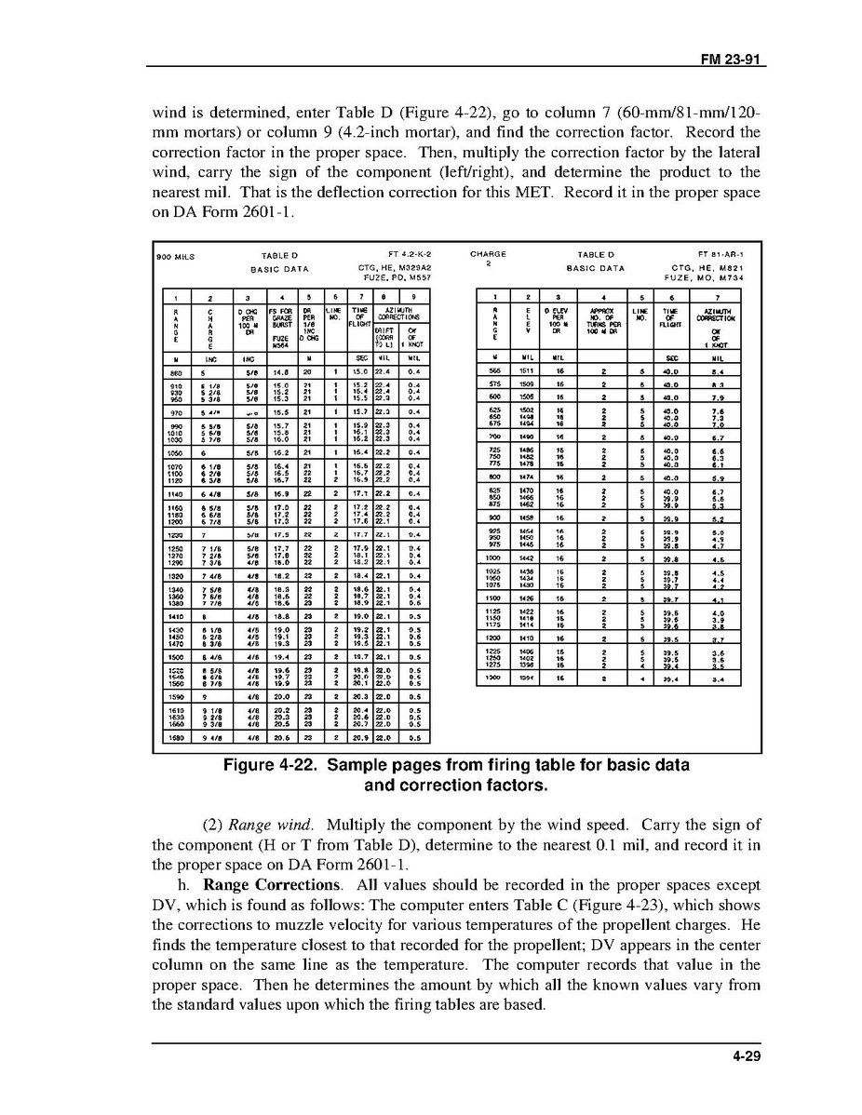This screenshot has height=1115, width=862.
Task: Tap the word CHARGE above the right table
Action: tap(489, 254)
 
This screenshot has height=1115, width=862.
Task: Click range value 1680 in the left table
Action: tap(170, 737)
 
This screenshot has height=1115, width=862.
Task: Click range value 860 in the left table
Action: tap(170, 370)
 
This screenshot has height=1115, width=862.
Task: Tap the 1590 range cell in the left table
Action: tap(170, 694)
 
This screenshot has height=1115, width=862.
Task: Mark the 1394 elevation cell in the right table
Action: tap(528, 678)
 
